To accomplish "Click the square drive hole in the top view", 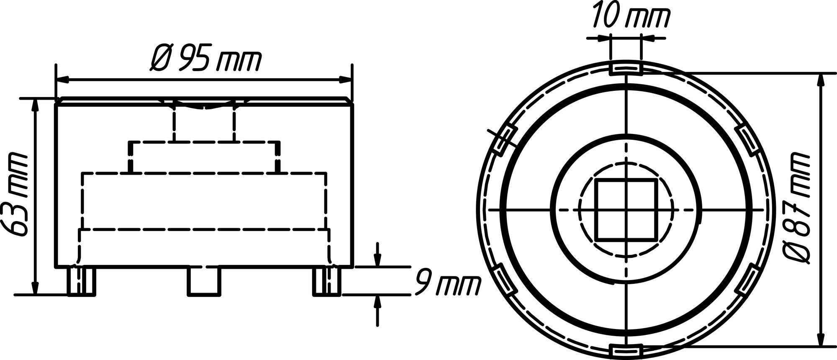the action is (x=625, y=209).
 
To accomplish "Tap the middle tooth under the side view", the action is (x=203, y=280).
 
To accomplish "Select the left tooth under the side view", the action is (x=82, y=280).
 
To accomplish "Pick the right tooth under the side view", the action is (x=327, y=280).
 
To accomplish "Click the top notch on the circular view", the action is (x=625, y=68).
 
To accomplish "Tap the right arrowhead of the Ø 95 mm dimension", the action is (x=345, y=80).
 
